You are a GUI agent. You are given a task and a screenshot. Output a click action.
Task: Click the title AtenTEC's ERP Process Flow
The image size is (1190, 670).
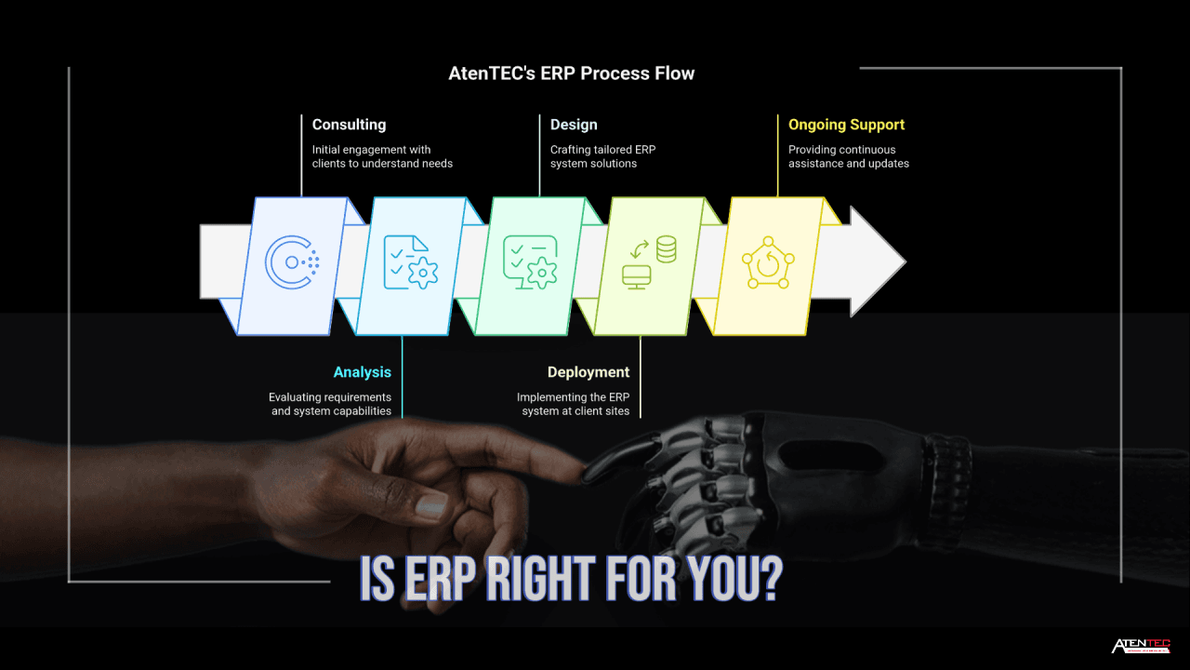coord(571,73)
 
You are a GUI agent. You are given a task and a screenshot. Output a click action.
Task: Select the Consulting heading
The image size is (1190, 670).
coord(349,125)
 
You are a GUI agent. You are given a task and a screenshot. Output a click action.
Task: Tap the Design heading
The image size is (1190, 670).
coord(574,125)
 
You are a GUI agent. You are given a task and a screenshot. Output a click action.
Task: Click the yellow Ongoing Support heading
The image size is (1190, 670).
coord(846,125)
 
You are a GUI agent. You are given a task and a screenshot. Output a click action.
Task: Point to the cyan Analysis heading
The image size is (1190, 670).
coord(363,372)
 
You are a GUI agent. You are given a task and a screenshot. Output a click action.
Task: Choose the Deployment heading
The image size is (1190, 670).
coord(588,372)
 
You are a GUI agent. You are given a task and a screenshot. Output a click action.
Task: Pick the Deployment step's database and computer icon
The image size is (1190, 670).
coord(649,262)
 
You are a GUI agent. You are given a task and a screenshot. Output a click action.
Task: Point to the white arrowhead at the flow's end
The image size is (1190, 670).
coord(874,262)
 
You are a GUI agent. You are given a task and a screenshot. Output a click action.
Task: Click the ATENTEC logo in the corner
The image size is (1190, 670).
coord(1141,646)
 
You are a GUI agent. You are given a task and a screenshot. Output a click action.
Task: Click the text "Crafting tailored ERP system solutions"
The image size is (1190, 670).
coord(602,156)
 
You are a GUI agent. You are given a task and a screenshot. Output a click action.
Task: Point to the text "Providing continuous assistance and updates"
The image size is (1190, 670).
coord(848,156)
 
